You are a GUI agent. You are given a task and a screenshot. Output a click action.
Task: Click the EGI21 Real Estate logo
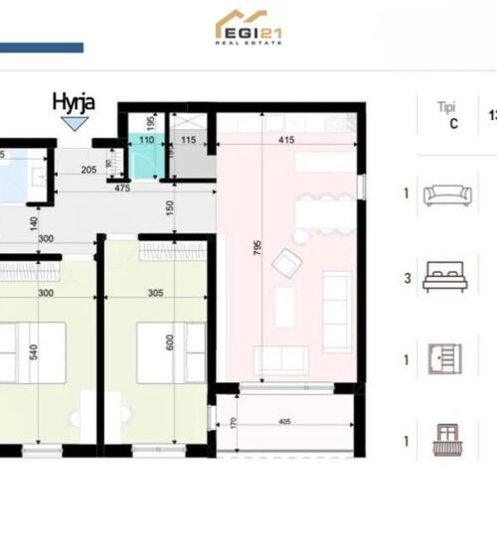248,28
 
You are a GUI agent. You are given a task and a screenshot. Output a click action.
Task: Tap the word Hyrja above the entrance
74,101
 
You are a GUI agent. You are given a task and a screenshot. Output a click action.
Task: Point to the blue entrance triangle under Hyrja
74,123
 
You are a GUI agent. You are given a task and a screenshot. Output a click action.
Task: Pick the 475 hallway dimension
124,187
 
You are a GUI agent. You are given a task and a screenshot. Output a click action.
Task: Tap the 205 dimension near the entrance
88,171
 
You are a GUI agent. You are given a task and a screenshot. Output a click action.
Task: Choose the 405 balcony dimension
284,420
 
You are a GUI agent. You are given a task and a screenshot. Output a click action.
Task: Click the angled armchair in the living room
287,263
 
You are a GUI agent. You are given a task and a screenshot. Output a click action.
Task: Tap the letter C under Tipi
454,124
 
